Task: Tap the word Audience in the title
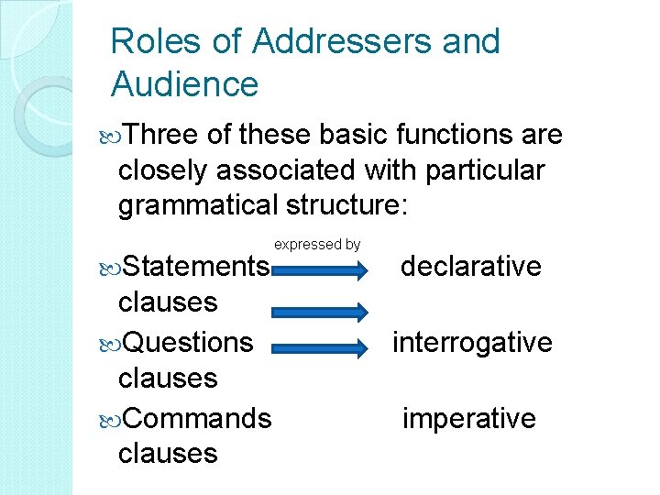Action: (184, 84)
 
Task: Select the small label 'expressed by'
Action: (317, 245)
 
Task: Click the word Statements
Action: (196, 267)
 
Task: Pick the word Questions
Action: (188, 342)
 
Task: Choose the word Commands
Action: (197, 418)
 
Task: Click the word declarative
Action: (471, 267)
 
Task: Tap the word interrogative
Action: (472, 342)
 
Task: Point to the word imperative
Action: (469, 418)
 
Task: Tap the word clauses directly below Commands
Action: (168, 453)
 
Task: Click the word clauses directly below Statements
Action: (168, 302)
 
